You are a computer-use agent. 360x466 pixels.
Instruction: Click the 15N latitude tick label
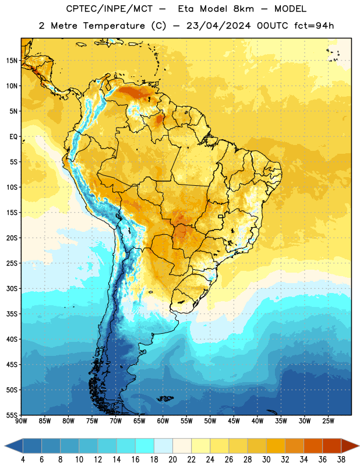12,61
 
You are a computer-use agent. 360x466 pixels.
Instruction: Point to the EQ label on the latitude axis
13,137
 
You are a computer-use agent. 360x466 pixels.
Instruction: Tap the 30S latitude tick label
12,288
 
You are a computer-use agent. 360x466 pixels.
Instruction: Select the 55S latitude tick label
12,415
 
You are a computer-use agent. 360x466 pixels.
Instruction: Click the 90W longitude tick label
21,421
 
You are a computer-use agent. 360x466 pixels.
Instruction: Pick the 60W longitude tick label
163,421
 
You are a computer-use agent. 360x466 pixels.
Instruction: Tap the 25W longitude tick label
328,421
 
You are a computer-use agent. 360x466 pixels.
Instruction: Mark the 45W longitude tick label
234,421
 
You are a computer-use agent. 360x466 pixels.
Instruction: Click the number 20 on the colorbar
172,460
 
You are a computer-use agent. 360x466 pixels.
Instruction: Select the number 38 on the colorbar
341,460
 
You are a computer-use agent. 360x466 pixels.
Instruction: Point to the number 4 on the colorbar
23,460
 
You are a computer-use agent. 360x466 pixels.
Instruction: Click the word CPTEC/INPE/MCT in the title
110,9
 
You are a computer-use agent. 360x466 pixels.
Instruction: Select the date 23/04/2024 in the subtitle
218,26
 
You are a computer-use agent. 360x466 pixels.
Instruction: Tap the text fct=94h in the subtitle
314,26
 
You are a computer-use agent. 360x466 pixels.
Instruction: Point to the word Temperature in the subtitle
114,26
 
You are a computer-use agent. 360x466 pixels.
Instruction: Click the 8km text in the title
243,9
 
